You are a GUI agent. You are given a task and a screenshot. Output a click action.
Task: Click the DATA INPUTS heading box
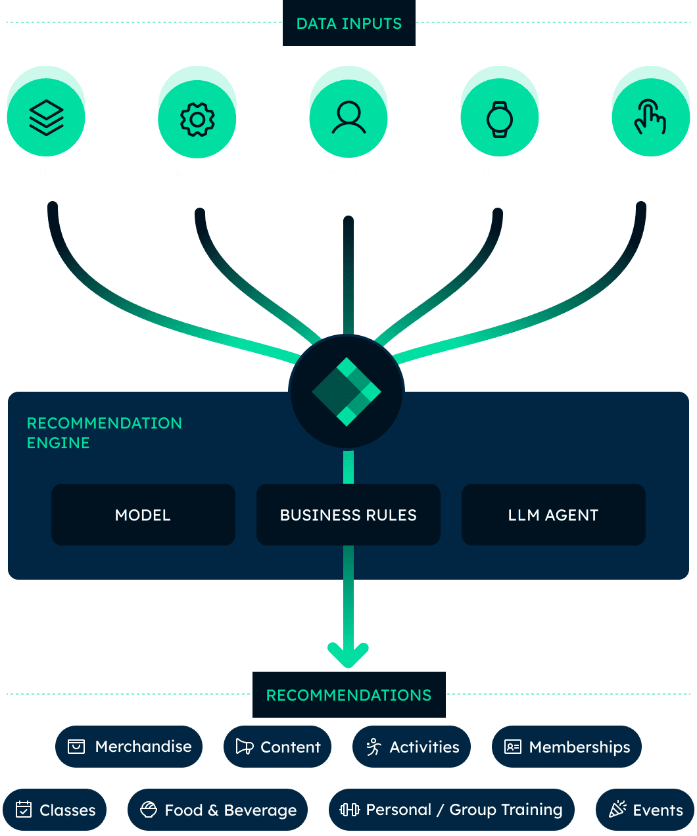coord(348,24)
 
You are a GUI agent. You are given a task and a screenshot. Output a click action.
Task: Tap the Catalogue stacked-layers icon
coord(46,118)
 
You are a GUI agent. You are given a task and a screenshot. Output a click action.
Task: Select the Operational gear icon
coord(197,119)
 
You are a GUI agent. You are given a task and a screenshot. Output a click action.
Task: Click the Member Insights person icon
coord(348,118)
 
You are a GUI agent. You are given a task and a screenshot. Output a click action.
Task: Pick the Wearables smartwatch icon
coord(500,119)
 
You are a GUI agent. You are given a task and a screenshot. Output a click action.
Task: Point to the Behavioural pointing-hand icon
coord(650,118)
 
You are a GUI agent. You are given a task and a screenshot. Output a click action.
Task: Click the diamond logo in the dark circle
coord(347,392)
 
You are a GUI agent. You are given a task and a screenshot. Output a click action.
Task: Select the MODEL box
coord(143,515)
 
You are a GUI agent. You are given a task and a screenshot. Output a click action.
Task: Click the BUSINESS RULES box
coord(348,515)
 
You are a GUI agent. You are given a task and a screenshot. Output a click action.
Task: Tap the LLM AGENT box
coord(553,515)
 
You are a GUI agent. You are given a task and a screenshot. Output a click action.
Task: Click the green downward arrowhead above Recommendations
coord(348,655)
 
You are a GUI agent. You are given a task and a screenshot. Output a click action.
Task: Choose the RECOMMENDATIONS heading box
coord(348,695)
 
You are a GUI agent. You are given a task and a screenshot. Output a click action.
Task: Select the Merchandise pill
coord(129,747)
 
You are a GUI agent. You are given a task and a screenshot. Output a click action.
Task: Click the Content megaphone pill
coord(277,747)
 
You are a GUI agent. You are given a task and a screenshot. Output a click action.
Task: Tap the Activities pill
coord(412,747)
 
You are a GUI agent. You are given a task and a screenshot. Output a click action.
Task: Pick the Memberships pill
coord(566,747)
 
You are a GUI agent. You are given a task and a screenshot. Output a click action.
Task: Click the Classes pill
coord(55,810)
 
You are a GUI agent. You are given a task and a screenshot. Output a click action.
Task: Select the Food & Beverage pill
coord(218,810)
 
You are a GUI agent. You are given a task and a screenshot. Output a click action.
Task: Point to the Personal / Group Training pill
coord(451,810)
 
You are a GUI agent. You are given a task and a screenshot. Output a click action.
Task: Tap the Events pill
coord(645,810)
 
